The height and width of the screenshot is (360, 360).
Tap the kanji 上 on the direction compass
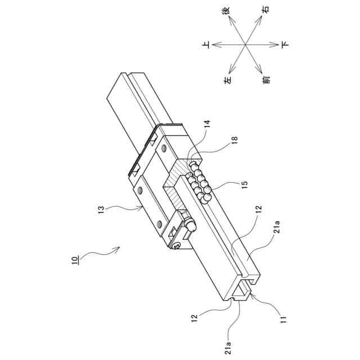pyautogui.click(x=206, y=44)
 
